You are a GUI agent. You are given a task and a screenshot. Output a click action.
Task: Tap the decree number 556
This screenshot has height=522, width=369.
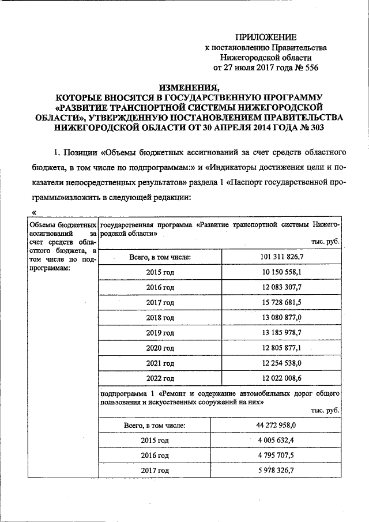(310, 67)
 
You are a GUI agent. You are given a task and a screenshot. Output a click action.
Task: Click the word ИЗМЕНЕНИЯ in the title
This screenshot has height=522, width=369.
(186, 88)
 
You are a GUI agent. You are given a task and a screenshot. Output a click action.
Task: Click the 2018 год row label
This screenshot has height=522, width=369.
(160, 317)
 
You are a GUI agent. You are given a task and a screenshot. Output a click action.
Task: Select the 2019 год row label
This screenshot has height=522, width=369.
(160, 333)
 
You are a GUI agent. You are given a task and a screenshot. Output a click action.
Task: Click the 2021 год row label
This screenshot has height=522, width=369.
(160, 363)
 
